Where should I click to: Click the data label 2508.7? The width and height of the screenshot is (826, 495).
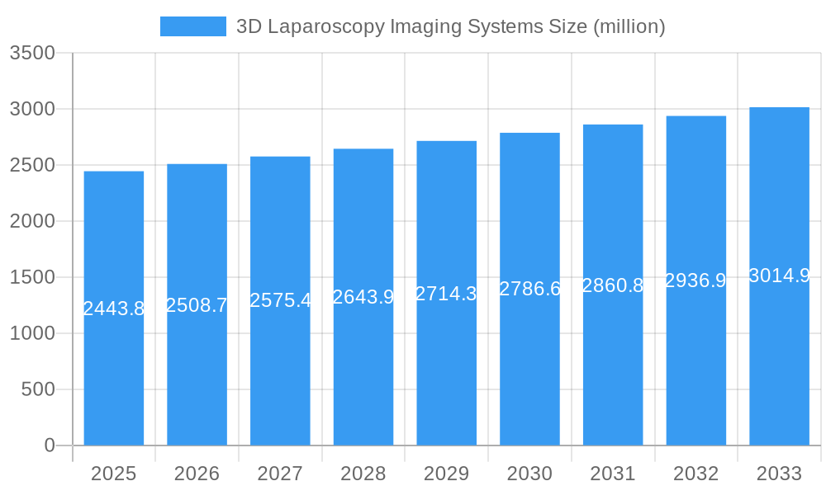197,305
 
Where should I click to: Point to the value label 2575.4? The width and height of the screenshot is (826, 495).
280,300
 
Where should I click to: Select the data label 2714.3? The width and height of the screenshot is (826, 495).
446,294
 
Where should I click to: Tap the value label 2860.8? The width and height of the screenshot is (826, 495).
613,285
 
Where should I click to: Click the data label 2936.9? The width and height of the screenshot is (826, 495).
695,280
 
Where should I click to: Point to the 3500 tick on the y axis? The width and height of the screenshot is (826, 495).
32,54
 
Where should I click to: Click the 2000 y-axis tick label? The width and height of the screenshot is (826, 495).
32,221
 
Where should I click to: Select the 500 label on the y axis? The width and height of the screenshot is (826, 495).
38,389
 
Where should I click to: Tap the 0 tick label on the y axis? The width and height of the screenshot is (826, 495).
50,445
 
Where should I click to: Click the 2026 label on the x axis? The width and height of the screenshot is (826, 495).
197,474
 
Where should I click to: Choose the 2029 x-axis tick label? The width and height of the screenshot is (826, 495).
446,474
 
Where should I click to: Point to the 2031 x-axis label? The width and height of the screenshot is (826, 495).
613,474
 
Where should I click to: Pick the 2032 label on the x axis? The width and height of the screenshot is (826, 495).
695,474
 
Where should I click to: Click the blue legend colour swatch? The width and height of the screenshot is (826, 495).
193,26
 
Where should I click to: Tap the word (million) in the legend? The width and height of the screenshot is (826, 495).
629,27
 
